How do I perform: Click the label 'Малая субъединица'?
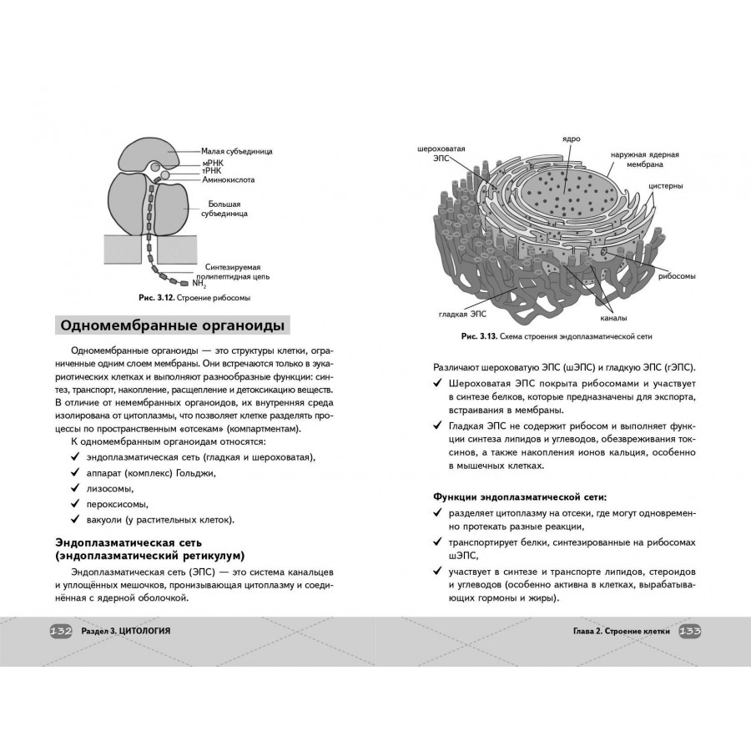237,151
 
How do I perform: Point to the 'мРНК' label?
213,163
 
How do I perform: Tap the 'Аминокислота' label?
228,179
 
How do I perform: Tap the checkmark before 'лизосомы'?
76,488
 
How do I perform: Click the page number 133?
689,631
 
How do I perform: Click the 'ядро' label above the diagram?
571,139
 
